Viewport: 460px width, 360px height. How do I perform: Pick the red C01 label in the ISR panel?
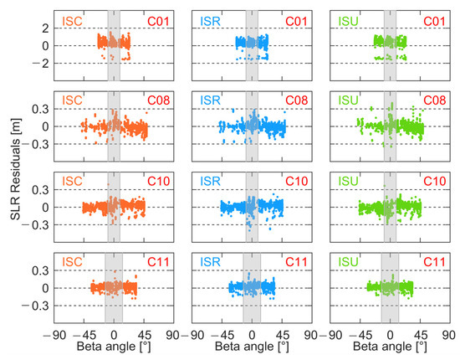point(296,20)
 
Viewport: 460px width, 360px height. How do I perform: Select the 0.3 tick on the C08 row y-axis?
point(38,109)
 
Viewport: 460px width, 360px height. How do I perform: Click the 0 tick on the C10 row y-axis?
point(44,208)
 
